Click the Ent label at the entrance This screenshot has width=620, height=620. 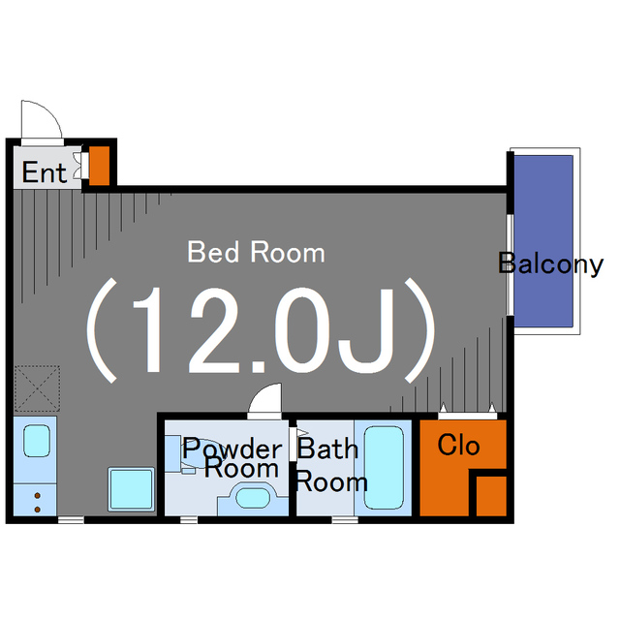[x=45, y=172]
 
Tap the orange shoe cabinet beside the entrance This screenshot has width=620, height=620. [x=99, y=166]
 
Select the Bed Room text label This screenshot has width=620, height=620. [x=256, y=252]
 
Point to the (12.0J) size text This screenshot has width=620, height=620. [x=261, y=330]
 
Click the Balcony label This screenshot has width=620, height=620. [x=550, y=263]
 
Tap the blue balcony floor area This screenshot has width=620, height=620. [x=543, y=241]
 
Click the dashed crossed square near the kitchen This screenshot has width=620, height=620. [x=37, y=388]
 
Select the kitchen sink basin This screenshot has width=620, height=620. [x=37, y=441]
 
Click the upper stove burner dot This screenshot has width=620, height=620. [x=38, y=495]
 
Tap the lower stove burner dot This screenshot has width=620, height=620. [x=38, y=510]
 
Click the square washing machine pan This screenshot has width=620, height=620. [x=132, y=489]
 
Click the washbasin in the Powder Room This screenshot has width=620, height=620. [x=253, y=498]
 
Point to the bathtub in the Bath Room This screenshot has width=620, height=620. [x=384, y=467]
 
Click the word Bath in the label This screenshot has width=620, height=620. [x=327, y=449]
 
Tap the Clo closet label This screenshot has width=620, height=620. [x=458, y=446]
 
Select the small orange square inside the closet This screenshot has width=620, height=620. [x=491, y=496]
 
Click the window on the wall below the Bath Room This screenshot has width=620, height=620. [x=345, y=519]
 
